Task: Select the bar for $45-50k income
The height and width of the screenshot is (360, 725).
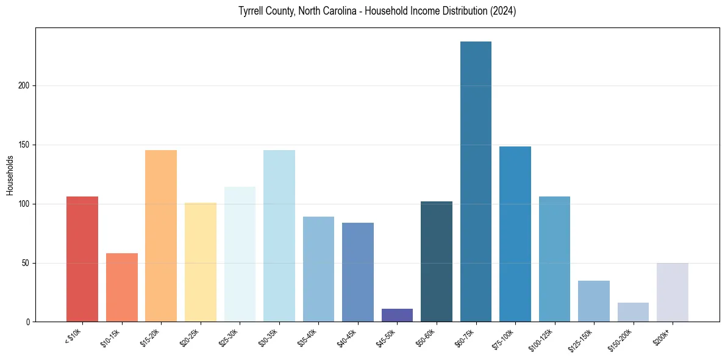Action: click(397, 315)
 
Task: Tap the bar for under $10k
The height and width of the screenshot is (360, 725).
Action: click(82, 259)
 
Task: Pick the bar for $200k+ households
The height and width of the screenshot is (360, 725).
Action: click(673, 292)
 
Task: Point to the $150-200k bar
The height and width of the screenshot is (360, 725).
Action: click(633, 312)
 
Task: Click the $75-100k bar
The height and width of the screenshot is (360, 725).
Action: click(515, 234)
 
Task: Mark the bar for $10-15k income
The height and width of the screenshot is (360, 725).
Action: click(122, 287)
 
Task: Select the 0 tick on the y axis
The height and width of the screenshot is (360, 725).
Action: click(30, 322)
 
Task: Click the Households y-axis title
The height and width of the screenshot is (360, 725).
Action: click(10, 175)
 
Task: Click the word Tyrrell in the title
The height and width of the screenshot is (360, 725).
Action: click(251, 12)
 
